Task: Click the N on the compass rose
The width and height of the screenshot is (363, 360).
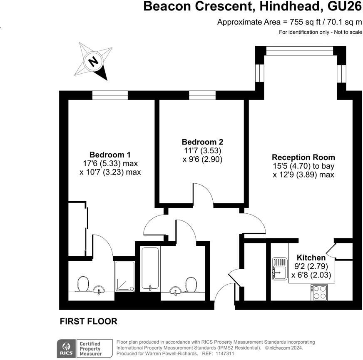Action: tap(93, 62)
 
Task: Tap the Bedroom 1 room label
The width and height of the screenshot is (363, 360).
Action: tap(110, 155)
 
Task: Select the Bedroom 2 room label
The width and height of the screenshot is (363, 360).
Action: tap(203, 142)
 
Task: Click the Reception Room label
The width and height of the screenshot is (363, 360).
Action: tap(303, 157)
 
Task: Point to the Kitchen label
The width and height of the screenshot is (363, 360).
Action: tap(311, 257)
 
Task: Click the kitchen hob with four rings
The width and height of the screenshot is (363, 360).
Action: tap(319, 292)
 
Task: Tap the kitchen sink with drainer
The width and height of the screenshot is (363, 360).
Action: tap(280, 269)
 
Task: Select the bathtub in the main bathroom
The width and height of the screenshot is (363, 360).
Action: tap(150, 269)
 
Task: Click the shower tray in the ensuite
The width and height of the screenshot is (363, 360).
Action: tap(125, 276)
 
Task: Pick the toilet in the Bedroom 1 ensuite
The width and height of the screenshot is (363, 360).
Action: tap(83, 284)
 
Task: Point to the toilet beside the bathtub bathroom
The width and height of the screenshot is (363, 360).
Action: tap(191, 285)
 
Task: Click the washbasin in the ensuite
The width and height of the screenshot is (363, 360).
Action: tap(99, 290)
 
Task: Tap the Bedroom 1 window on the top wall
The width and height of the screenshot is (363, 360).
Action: tap(110, 95)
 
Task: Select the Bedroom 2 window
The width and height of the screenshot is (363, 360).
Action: tap(202, 95)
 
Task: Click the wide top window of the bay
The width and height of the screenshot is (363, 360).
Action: tap(300, 51)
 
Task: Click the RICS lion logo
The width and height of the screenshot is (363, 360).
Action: tap(67, 348)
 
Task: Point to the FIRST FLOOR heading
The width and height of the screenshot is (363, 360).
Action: tap(89, 321)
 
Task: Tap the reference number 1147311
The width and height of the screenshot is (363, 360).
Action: tap(225, 353)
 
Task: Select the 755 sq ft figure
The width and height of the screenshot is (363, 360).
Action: tap(302, 22)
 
